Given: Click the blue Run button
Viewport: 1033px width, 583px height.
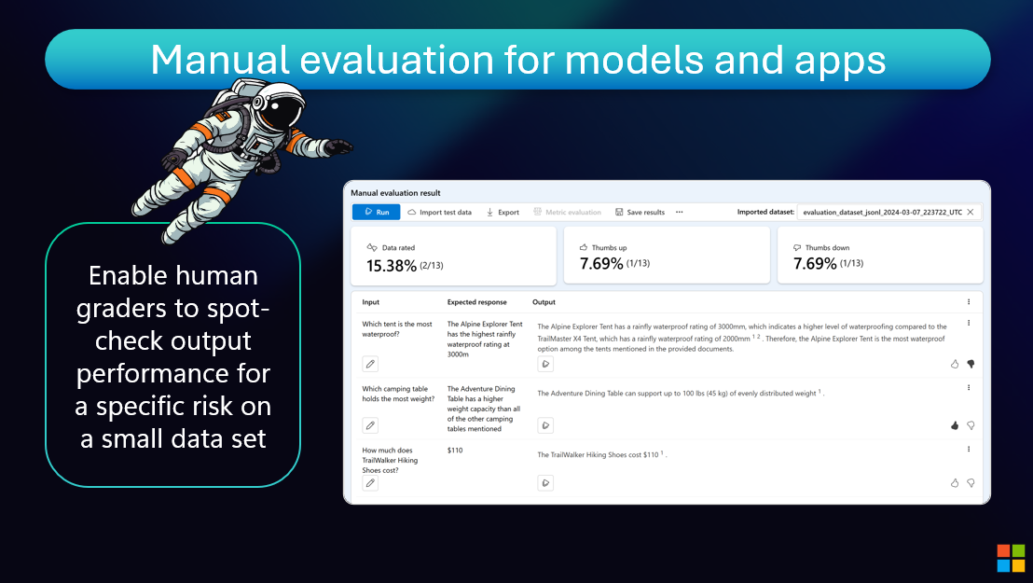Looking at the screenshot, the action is click(376, 212).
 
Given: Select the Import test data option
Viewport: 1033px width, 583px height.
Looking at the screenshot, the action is click(439, 213).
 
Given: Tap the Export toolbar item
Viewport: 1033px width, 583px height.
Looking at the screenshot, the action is click(503, 213).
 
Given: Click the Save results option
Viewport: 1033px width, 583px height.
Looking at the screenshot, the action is click(640, 213).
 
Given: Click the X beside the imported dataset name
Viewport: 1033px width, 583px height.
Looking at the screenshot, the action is click(971, 212).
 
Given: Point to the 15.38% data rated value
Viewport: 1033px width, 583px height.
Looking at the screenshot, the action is click(392, 266).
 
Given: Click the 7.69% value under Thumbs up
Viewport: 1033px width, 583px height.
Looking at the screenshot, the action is click(601, 264).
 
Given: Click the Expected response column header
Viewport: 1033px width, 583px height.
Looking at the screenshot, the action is click(477, 302).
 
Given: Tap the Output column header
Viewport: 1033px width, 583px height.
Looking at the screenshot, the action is click(544, 302).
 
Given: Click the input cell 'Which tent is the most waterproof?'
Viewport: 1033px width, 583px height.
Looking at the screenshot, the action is click(397, 329).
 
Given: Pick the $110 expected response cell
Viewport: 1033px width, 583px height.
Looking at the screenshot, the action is click(455, 451).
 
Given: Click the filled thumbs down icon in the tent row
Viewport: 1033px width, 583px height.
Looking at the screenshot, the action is click(971, 364).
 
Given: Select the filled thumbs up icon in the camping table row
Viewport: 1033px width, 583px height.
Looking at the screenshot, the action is click(955, 425).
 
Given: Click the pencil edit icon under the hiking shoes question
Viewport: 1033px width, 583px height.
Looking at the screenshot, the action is click(370, 483).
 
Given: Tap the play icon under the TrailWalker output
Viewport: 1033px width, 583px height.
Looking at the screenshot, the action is click(545, 483).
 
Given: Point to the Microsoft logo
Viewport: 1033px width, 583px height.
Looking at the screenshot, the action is click(1012, 558).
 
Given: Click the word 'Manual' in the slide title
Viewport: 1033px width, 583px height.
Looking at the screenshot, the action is click(220, 60).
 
